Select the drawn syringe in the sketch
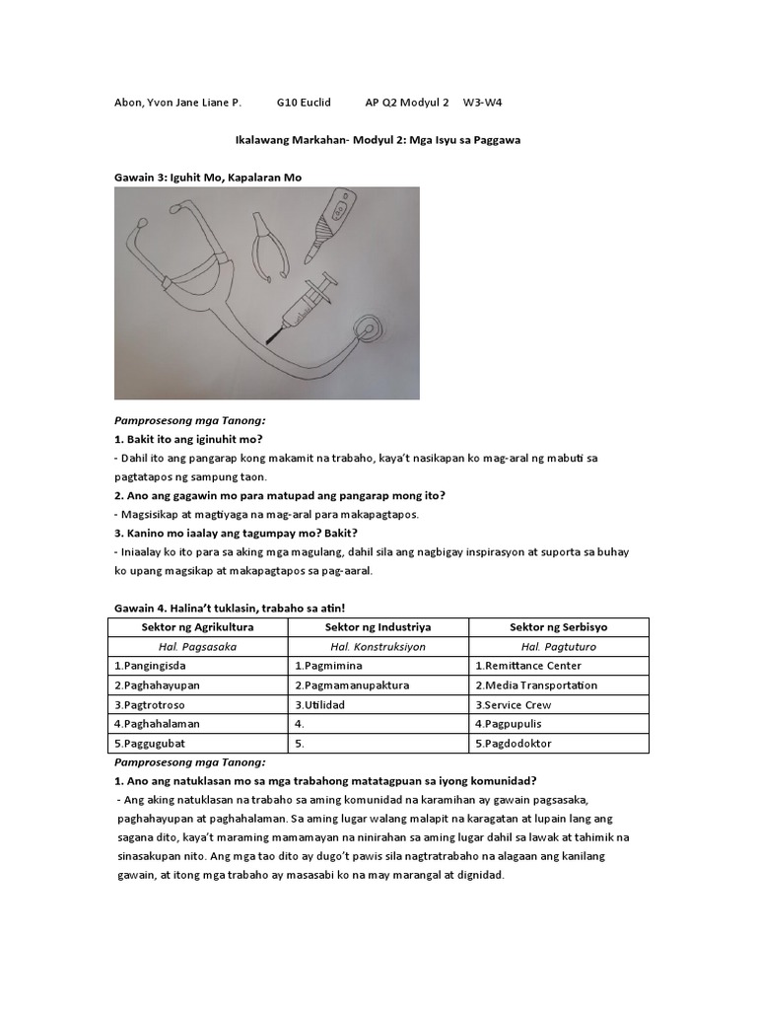pyautogui.click(x=305, y=304)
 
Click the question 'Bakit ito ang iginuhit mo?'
pyautogui.click(x=195, y=438)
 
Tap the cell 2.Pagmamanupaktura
pyautogui.click(x=349, y=685)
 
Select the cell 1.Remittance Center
pyautogui.click(x=528, y=666)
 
